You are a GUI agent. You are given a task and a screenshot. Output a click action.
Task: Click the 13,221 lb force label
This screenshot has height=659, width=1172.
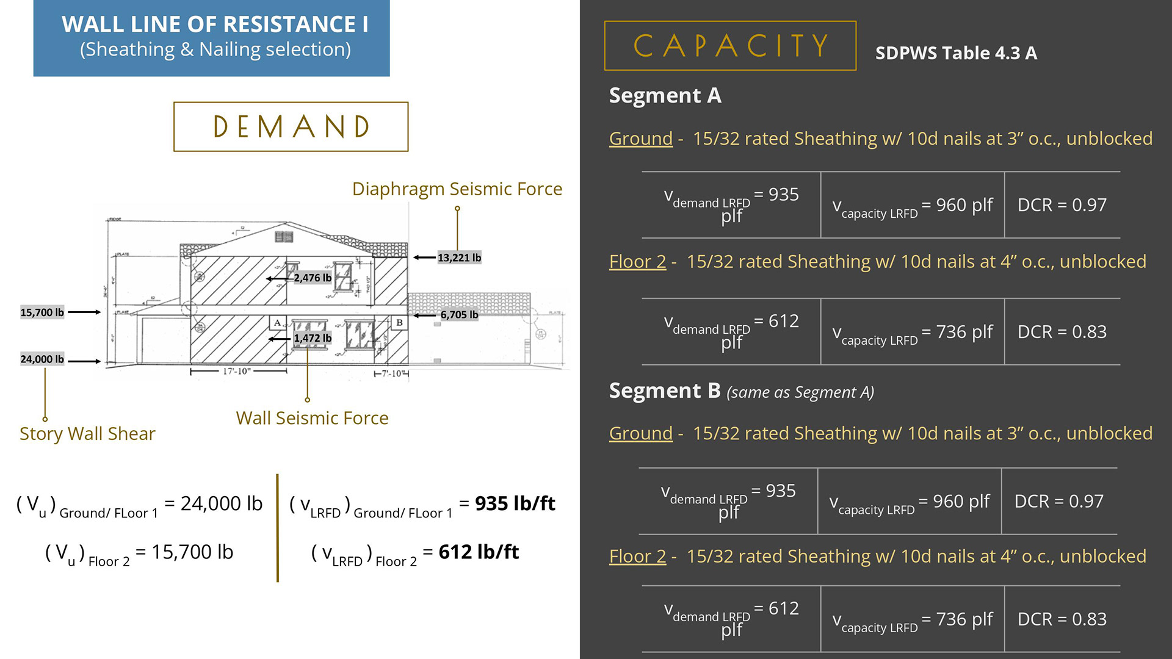pos(459,257)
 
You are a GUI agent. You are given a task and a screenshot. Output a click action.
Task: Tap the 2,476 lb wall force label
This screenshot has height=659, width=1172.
pos(313,278)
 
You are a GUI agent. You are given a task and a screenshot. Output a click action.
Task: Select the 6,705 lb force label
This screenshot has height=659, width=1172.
pos(459,315)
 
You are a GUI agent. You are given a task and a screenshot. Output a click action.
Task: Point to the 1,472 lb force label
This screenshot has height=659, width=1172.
pos(313,338)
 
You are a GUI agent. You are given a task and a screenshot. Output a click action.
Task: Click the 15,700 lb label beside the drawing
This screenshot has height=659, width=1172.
pos(42,312)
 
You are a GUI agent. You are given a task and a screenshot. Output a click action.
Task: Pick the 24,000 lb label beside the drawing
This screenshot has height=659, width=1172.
pos(42,359)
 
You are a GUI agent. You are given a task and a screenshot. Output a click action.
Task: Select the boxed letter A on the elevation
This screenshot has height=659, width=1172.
pos(278,322)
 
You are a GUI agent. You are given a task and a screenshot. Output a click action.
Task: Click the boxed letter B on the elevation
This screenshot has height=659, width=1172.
pos(399,322)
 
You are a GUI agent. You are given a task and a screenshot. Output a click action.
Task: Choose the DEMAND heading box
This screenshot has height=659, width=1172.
pos(291,127)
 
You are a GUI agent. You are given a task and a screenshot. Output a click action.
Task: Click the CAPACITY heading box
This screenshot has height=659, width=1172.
pos(730,46)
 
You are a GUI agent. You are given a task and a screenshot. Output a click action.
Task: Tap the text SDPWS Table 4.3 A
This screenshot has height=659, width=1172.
pos(956,53)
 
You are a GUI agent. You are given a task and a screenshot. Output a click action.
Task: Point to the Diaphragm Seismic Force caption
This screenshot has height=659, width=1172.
pos(457,189)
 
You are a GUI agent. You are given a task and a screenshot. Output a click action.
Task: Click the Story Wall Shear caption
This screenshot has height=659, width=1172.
pos(87,434)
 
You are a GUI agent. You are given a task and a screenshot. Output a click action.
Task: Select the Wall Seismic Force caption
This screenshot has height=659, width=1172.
pos(312,419)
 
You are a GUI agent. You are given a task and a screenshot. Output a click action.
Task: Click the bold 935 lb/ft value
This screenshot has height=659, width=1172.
pos(515,503)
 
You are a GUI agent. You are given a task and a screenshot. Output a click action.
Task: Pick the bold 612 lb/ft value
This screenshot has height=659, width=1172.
pos(479,552)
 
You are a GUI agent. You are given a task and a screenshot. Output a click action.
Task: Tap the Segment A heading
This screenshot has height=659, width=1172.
pos(665,96)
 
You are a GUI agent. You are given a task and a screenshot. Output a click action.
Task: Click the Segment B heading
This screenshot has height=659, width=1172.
pos(665,391)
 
